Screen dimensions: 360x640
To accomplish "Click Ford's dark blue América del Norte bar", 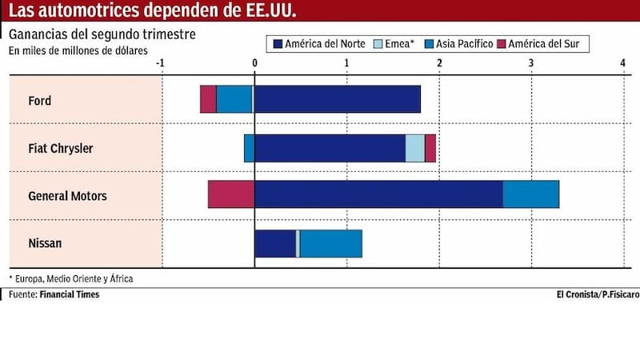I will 337,99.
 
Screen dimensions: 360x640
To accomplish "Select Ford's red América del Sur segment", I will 208,99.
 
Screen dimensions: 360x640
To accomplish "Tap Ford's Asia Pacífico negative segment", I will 234,99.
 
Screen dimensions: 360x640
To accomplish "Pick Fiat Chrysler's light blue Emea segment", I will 415,148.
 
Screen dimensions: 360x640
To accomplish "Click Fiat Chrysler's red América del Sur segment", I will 430,148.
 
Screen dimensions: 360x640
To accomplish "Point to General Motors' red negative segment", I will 231,195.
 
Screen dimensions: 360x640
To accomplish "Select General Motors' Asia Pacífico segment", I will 530,195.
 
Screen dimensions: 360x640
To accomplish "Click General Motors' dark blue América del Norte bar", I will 378,195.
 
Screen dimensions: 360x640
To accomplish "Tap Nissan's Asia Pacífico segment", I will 330,243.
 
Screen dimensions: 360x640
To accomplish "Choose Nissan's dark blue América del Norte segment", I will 275,243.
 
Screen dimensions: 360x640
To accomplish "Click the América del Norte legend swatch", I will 278,44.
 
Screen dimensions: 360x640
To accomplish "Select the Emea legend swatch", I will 381,44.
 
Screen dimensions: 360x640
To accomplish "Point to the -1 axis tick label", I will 161,62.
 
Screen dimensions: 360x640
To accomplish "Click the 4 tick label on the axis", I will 622,62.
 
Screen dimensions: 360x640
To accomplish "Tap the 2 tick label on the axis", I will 438,62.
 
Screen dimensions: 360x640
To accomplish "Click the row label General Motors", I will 67,196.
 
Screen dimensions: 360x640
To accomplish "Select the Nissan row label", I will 45,244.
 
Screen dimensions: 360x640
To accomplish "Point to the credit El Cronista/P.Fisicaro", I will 587,294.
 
